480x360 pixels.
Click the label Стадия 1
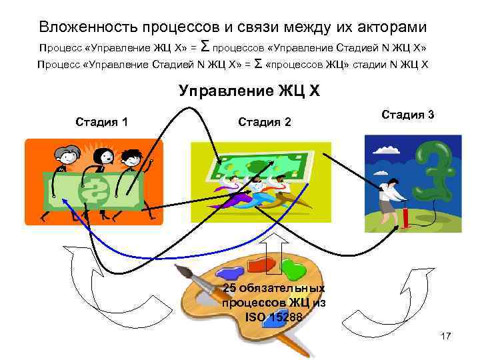click(102, 121)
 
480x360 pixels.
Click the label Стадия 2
click(265, 121)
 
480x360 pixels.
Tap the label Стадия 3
click(408, 114)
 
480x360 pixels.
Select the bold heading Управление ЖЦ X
click(249, 91)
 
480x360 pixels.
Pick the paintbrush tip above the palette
click(179, 270)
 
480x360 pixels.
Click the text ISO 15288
click(273, 317)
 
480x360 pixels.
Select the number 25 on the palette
click(230, 288)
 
